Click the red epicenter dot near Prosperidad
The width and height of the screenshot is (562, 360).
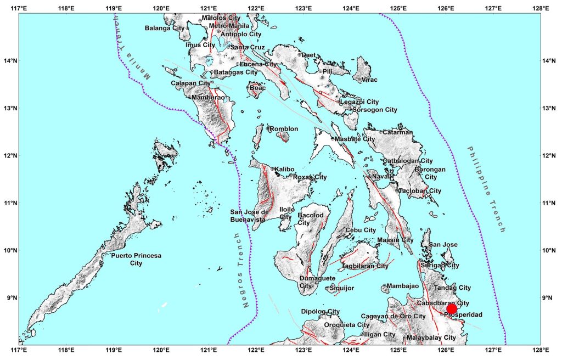[452, 309]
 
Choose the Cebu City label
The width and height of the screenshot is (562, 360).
[361, 230]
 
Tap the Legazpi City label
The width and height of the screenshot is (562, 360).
[359, 102]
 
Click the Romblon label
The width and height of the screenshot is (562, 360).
[284, 129]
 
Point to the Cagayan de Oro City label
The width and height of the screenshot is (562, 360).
[393, 316]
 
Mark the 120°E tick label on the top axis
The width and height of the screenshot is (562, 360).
[161, 8]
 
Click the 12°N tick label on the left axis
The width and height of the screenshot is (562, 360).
[9, 156]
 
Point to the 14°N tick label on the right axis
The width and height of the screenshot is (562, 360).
[551, 61]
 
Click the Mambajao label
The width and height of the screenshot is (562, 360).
[402, 286]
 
